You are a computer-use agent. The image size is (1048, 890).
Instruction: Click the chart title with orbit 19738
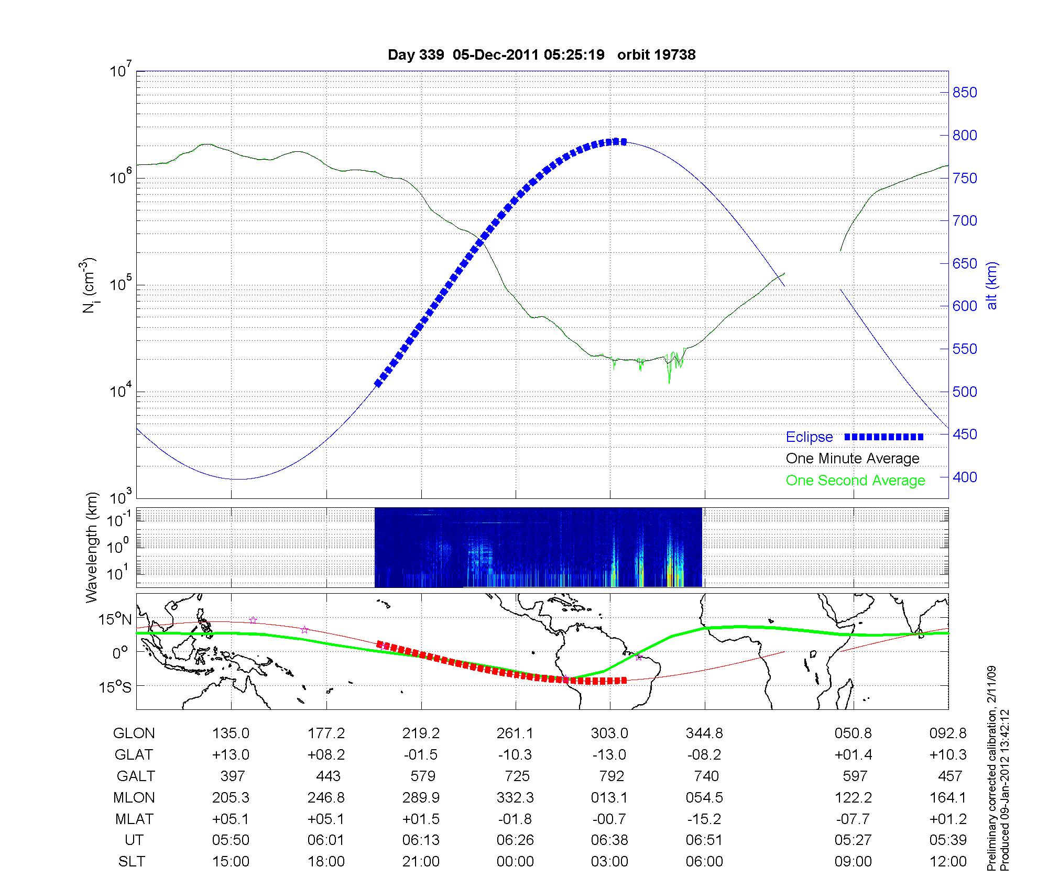click(x=541, y=55)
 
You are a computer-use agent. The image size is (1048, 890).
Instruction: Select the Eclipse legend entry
click(x=809, y=437)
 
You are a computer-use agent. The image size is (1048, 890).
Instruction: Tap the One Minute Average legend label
click(x=853, y=459)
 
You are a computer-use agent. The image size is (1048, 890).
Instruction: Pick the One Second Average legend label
click(x=855, y=481)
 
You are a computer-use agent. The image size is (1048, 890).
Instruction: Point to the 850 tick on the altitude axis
click(x=965, y=93)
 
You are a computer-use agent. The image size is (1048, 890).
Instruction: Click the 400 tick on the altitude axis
click(x=965, y=477)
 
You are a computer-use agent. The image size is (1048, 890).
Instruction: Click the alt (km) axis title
click(x=992, y=285)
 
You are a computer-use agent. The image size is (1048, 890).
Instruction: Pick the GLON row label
click(x=134, y=733)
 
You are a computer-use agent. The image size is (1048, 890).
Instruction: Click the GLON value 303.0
click(x=609, y=733)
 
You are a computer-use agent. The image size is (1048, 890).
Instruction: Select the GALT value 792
click(x=611, y=776)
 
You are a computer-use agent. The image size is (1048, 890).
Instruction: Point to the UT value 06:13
click(x=421, y=840)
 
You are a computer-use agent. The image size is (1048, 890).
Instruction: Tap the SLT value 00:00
click(x=515, y=862)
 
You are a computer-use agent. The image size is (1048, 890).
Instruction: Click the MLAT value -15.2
click(x=704, y=819)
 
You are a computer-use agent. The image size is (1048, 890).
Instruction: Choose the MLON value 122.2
click(x=853, y=797)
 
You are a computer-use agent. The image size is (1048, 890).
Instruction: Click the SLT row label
click(x=132, y=862)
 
